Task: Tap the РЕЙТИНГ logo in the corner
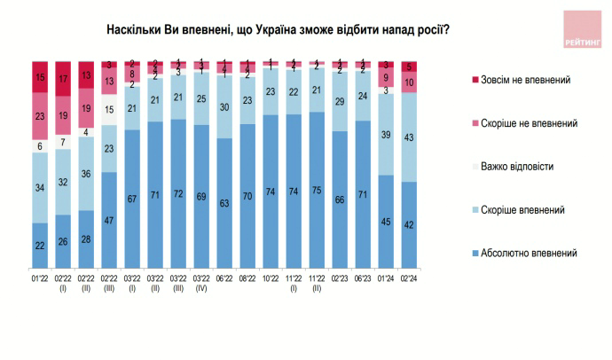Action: (582, 29)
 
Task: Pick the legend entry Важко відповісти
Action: (522, 166)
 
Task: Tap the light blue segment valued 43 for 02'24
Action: (408, 137)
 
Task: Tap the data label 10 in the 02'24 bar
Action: (408, 82)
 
